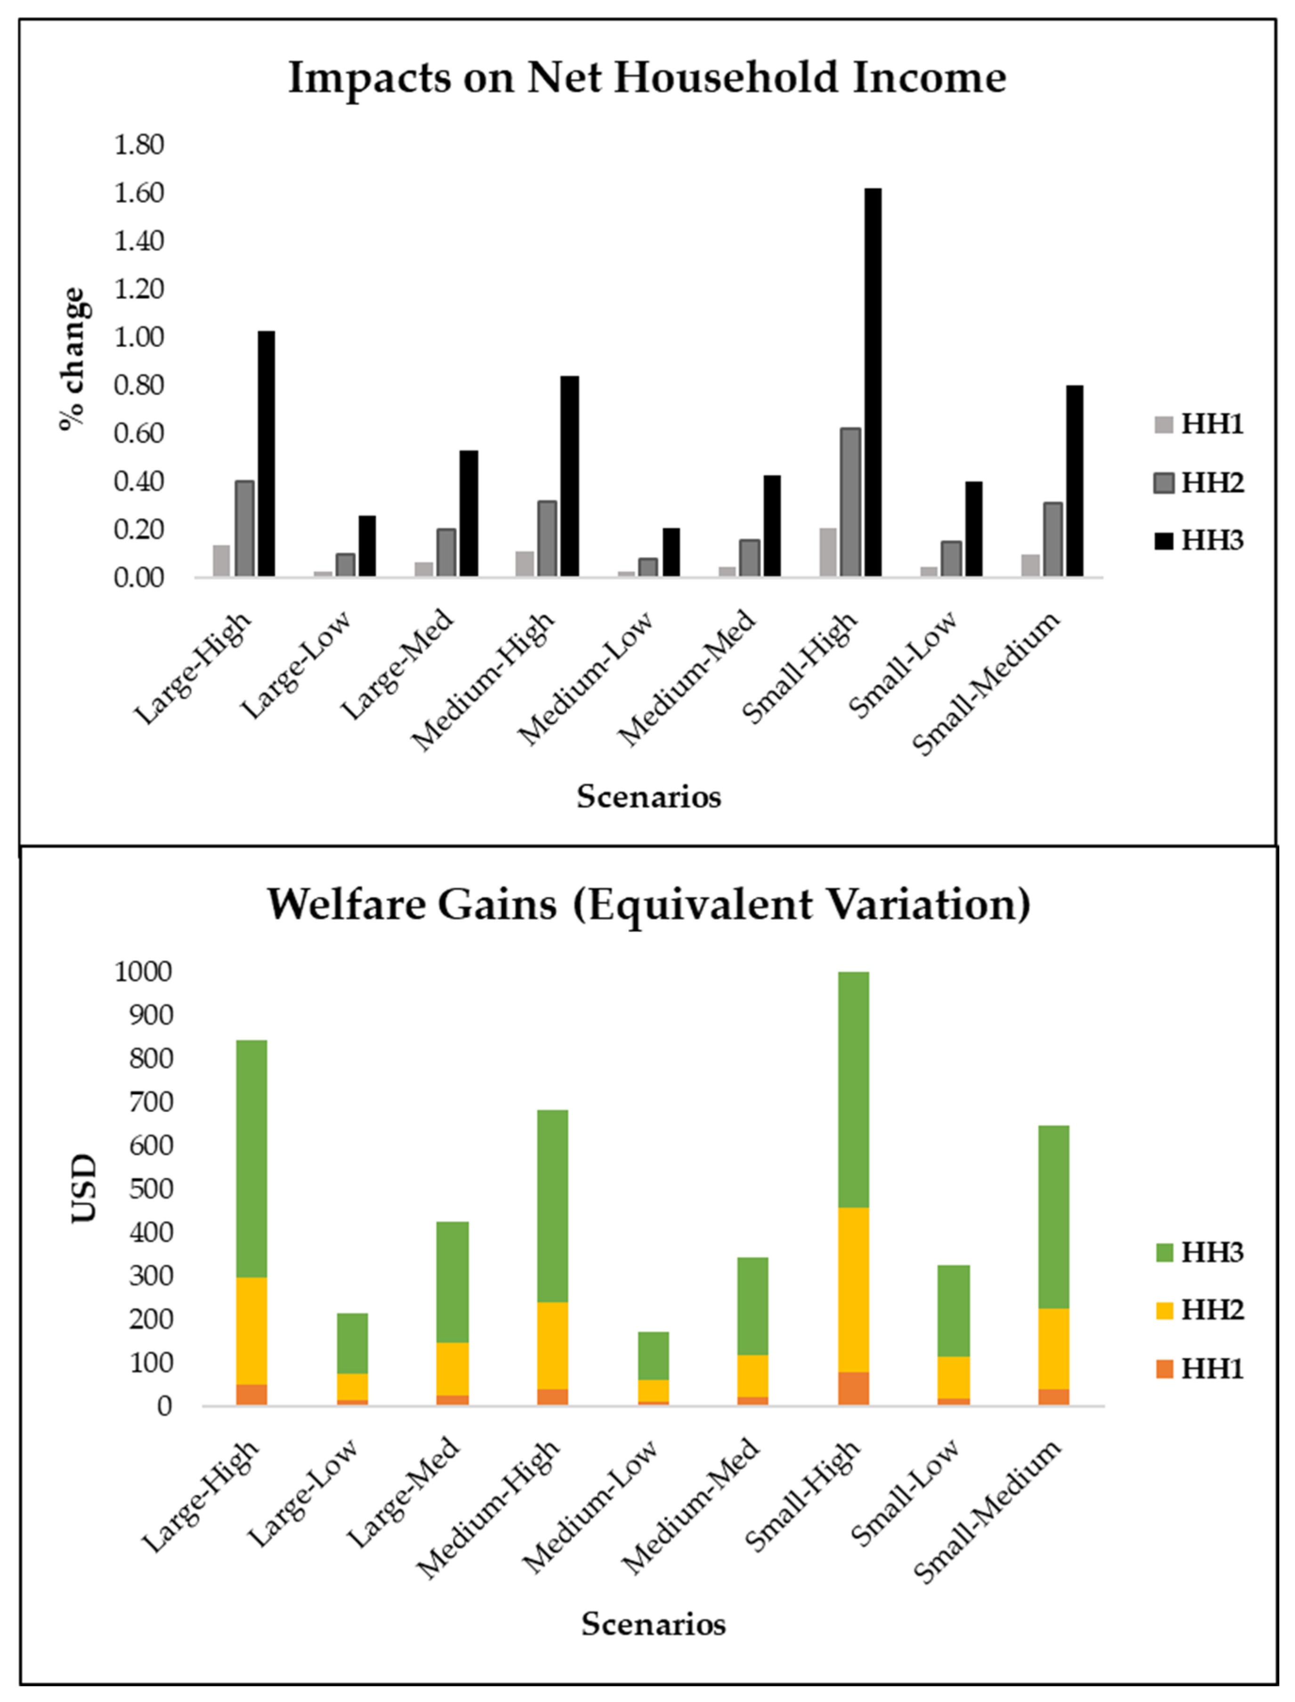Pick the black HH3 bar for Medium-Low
[x=672, y=552]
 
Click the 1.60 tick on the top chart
[x=139, y=193]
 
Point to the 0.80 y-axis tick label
[x=139, y=385]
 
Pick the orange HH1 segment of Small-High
[x=853, y=1389]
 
